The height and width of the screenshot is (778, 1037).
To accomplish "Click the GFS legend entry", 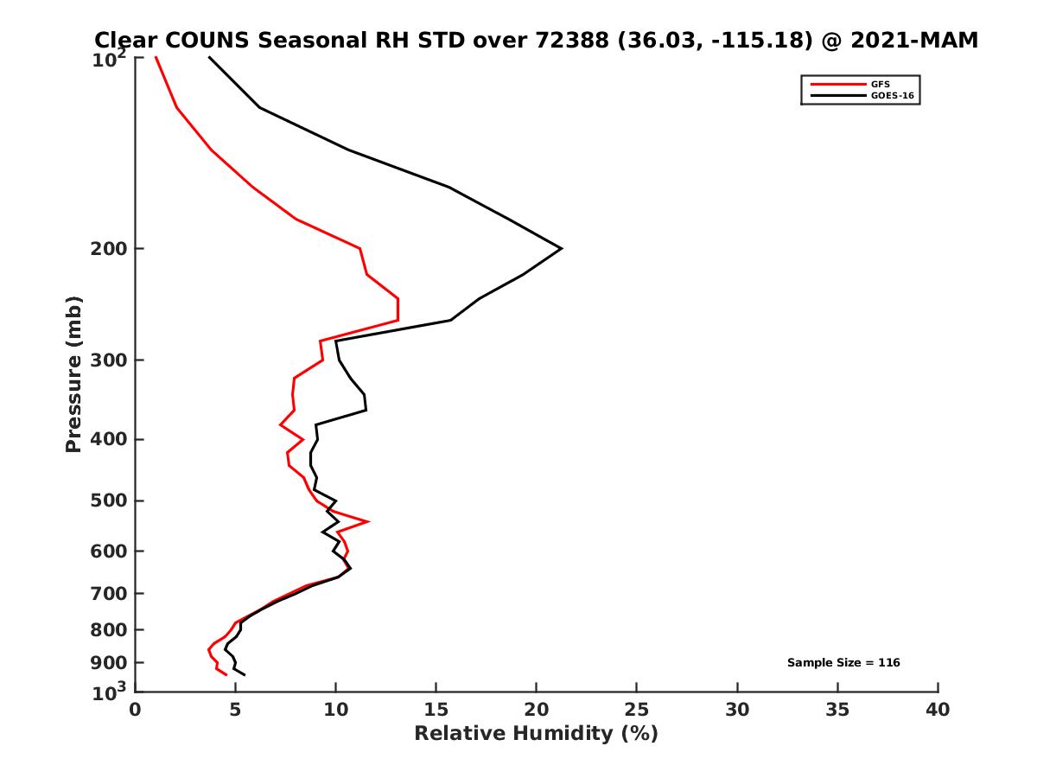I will coord(880,84).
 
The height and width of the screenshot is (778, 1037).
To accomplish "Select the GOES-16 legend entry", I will coord(892,96).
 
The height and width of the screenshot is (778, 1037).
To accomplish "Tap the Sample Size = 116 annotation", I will coord(843,663).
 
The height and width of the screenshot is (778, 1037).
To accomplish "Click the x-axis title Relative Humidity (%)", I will coord(536,734).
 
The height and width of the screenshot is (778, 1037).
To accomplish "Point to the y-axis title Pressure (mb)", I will coord(73,374).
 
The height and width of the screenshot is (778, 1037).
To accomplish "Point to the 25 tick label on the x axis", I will coord(637,711).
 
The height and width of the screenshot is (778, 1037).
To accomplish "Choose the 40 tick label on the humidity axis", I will coord(938,711).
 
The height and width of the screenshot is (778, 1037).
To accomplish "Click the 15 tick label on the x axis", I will coord(436,711).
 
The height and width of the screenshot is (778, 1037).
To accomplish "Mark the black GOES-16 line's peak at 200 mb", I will coord(562,249).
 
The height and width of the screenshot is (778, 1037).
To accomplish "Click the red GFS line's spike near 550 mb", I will coord(369,521).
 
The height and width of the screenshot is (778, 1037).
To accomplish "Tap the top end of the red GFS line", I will coord(156,58).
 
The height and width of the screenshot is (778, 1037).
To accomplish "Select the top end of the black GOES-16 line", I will coord(209,58).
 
